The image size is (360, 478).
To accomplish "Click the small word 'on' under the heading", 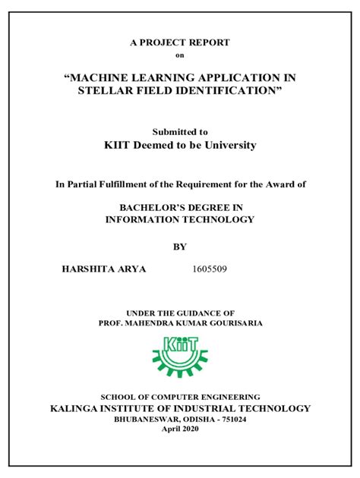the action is tap(179, 55).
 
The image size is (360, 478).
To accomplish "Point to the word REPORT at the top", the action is tap(210, 42).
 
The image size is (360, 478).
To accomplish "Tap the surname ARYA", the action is tap(134, 269).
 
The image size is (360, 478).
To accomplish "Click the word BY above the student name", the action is tap(180, 247).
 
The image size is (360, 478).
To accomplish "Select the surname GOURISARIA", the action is tap(231, 322).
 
